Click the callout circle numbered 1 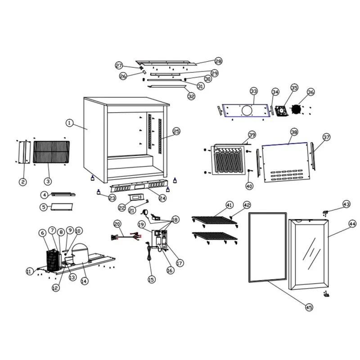click(x=69, y=122)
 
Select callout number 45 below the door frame click(x=308, y=307)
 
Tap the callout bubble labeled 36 click(x=310, y=92)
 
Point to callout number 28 click(x=218, y=61)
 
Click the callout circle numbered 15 click(x=151, y=279)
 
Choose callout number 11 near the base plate click(x=30, y=271)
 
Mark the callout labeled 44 click(x=352, y=224)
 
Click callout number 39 click(x=252, y=135)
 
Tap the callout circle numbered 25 click(x=176, y=131)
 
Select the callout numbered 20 click(x=117, y=224)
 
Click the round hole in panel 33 click(x=246, y=110)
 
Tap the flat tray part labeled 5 click(x=62, y=207)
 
